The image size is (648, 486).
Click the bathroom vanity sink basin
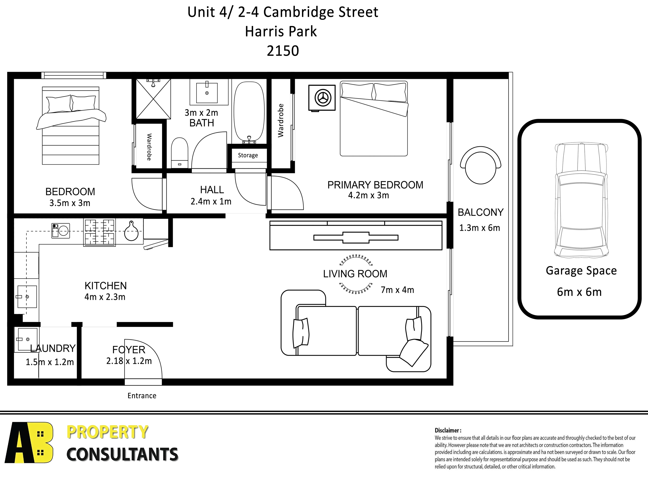[207, 93]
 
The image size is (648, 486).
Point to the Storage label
[248, 155]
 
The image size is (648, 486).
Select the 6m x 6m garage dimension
[579, 292]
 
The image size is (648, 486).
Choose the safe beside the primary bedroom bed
[322, 98]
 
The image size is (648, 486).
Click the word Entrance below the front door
[142, 396]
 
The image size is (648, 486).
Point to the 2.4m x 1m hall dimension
[211, 202]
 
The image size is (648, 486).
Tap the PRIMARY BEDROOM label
[375, 185]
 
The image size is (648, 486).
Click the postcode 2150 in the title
[283, 51]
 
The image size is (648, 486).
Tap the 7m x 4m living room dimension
[397, 290]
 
